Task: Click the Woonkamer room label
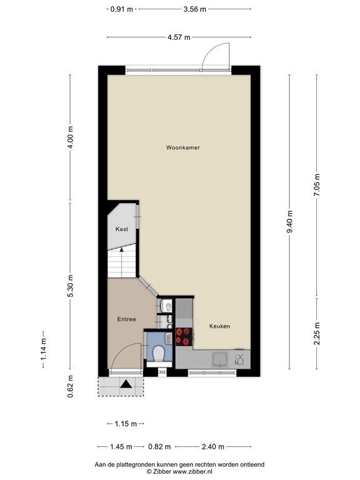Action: pos(182,148)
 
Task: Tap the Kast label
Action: pos(122,229)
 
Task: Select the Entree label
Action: pos(126,319)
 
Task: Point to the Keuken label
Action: pos(219,326)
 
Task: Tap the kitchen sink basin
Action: pos(220,359)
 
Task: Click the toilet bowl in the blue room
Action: pos(158,354)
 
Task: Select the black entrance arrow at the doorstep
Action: pos(126,385)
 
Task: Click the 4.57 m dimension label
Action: pos(179,37)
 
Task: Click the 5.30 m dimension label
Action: pos(71,287)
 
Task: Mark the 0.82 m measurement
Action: pos(158,446)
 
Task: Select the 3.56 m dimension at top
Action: pos(194,9)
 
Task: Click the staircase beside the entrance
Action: pos(121,262)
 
